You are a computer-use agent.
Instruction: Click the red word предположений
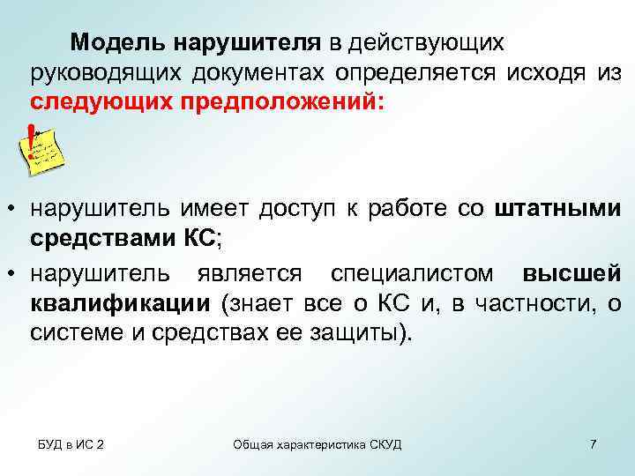click(x=282, y=100)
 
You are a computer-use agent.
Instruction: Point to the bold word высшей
click(x=578, y=274)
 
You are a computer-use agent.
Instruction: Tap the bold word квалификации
click(x=120, y=304)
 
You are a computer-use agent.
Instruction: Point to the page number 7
click(x=593, y=443)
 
